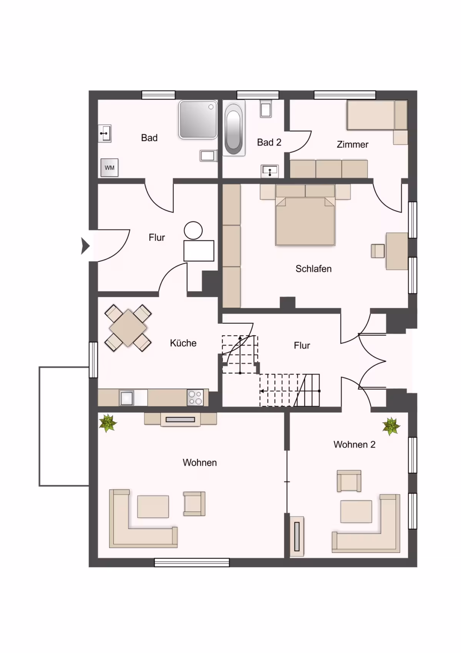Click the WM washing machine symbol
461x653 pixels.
[x=109, y=168]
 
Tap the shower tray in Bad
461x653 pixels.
[x=198, y=119]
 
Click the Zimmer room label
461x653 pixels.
[x=352, y=144]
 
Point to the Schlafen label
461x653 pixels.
[x=313, y=268]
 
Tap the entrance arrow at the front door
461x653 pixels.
[x=85, y=246]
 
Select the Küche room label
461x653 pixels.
[x=183, y=343]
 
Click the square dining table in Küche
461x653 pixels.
[x=128, y=328]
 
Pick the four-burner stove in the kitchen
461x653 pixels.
[x=196, y=398]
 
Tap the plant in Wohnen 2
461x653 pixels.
[x=391, y=426]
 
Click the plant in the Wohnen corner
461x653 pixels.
[x=108, y=423]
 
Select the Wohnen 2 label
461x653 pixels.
[x=354, y=444]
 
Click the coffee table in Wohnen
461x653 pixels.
[x=153, y=506]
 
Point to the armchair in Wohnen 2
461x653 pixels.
[x=349, y=481]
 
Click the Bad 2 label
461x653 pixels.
[x=269, y=142]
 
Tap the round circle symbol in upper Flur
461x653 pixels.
[x=193, y=231]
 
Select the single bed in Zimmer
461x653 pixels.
[x=377, y=115]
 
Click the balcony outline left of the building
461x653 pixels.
[x=39, y=426]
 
